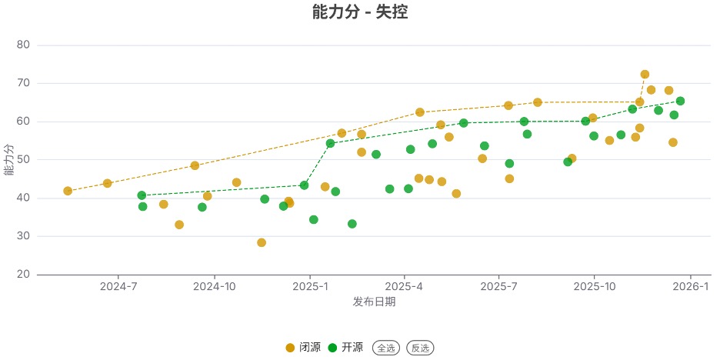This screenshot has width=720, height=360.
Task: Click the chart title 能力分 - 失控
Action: click(360, 12)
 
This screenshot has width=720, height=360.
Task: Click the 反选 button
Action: click(420, 348)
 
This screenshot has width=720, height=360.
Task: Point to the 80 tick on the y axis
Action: click(22, 45)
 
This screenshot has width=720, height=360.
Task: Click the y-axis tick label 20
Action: click(22, 275)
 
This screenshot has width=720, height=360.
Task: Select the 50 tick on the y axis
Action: click(22, 160)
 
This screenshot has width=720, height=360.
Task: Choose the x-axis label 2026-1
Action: click(690, 287)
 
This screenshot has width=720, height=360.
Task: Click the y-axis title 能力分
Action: click(8, 160)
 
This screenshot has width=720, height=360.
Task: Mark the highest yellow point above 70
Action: click(645, 75)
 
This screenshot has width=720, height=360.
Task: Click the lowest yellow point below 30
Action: click(262, 242)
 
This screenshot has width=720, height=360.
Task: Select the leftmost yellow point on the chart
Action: click(68, 191)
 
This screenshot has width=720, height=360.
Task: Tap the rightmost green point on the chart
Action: click(680, 101)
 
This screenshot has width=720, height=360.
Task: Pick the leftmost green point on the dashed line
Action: click(142, 195)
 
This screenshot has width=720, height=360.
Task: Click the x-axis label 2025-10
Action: click(595, 287)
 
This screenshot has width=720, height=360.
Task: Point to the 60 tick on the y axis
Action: click(22, 122)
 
